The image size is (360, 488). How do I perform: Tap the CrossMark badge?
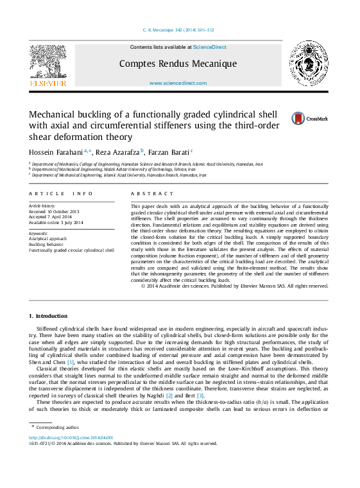tap(310, 118)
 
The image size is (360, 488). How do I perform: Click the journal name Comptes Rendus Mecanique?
tap(178, 64)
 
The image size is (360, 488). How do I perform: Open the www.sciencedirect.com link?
tap(178, 83)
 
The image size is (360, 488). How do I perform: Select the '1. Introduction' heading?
tap(49, 316)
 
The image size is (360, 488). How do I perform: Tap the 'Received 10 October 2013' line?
tap(54, 211)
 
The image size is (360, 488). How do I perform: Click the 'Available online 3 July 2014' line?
tap(56, 222)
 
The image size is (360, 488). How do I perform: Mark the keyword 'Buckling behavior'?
tap(47, 245)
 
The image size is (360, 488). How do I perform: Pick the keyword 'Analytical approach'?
tap(48, 239)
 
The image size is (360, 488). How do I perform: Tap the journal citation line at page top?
tap(178, 30)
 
